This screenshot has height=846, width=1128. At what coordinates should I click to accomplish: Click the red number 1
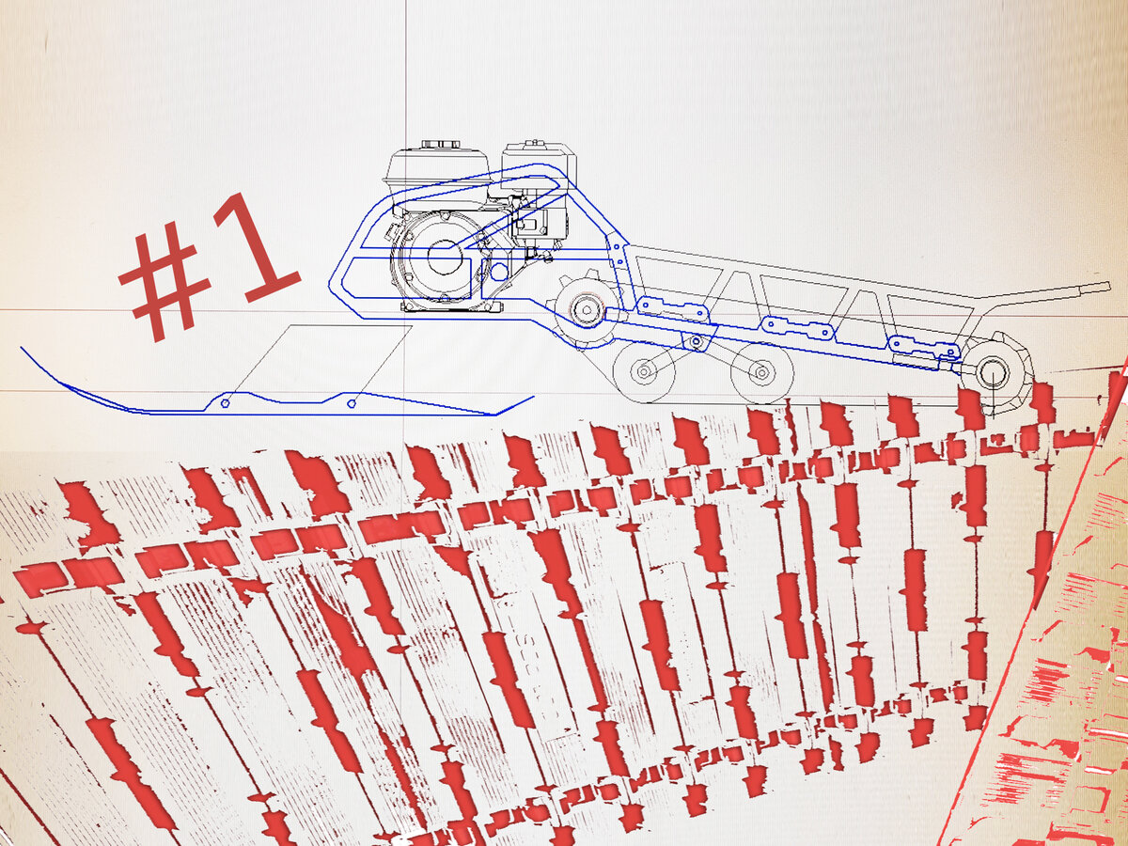[x=257, y=252]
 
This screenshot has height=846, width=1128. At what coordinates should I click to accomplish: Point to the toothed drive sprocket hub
[x=585, y=309]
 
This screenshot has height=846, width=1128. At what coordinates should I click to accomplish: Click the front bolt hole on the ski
[x=225, y=403]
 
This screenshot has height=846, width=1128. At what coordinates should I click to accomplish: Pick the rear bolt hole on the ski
[x=352, y=403]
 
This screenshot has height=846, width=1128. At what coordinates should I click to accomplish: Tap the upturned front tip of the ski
[x=23, y=350]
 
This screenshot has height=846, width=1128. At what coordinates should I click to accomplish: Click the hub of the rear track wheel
[x=993, y=373]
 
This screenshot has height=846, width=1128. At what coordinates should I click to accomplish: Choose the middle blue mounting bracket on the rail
[x=799, y=327]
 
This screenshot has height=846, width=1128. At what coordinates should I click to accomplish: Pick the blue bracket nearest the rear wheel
[x=925, y=346]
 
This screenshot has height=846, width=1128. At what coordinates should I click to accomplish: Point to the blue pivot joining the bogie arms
[x=697, y=340]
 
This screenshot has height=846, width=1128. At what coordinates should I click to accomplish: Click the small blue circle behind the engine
[x=498, y=271]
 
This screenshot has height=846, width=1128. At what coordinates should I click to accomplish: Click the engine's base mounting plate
[x=451, y=306]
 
